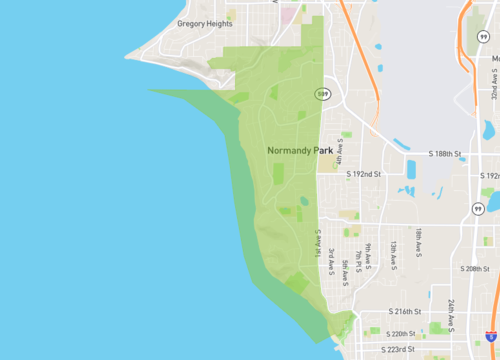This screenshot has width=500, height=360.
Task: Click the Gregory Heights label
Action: (204, 23)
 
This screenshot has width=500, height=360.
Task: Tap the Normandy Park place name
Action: (300, 151)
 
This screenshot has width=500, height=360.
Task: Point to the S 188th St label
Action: (444, 155)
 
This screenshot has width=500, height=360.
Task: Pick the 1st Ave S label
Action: (318, 246)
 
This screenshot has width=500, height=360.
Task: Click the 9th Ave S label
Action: (367, 253)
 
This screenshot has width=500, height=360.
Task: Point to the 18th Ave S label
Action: (419, 242)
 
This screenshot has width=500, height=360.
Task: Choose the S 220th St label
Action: (403, 333)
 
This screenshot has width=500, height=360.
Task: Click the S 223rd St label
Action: (403, 350)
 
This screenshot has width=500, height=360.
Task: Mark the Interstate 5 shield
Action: (488, 337)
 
